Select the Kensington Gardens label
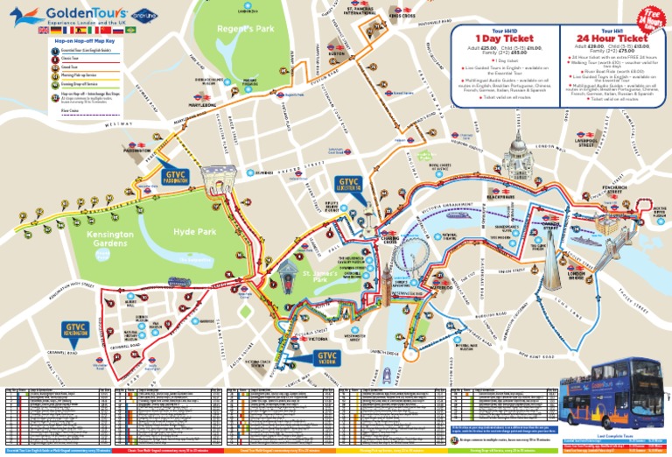111,242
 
